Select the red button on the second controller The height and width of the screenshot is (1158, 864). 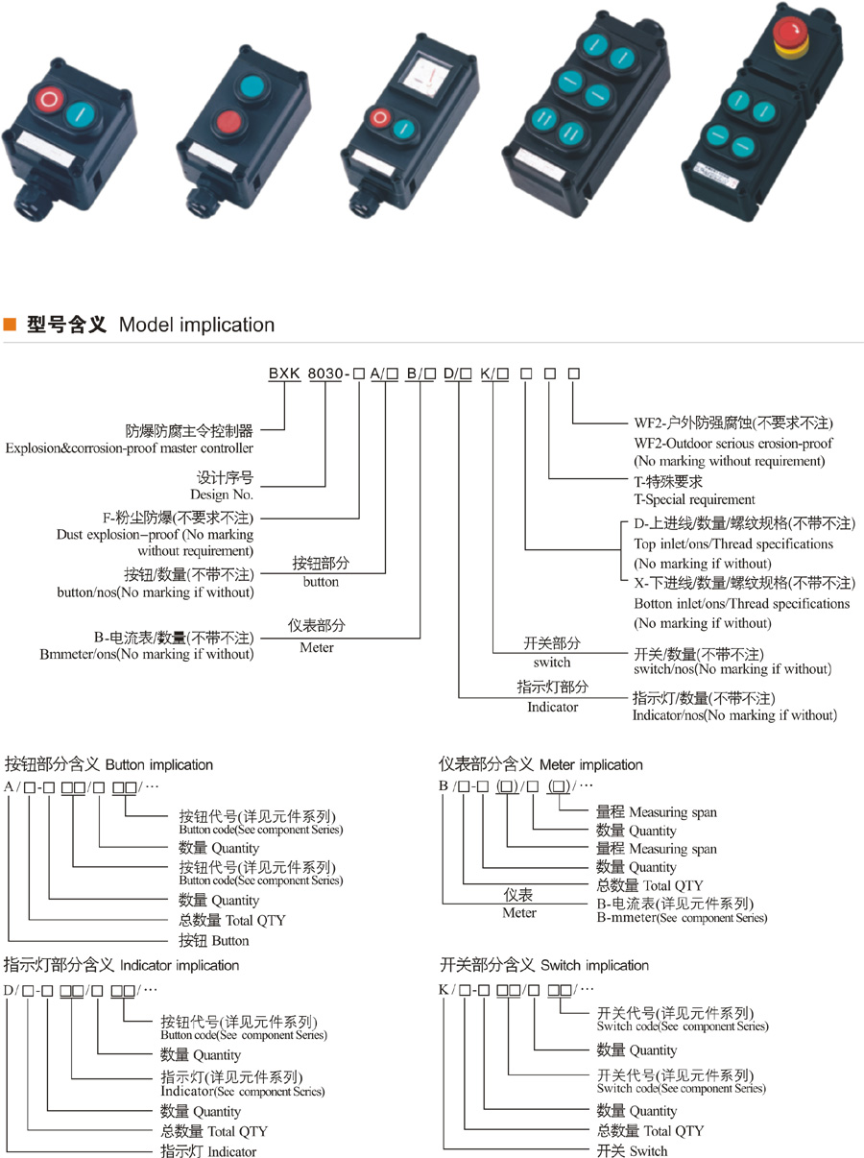tap(228, 122)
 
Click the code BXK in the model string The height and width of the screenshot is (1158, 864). tap(284, 374)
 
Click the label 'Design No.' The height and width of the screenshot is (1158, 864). tap(226, 495)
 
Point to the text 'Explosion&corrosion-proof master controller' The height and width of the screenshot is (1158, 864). tap(130, 447)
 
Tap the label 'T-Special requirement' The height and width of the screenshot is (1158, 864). tap(695, 499)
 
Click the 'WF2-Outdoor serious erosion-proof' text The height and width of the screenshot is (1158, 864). tap(733, 443)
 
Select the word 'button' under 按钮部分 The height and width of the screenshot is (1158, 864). tap(321, 582)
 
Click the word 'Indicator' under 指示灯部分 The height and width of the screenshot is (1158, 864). tap(553, 707)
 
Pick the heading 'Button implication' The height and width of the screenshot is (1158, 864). tap(159, 765)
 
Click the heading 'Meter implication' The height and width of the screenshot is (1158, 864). tap(591, 765)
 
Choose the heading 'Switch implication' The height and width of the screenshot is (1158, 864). tap(591, 965)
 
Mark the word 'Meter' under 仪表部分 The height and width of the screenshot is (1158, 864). tap(317, 647)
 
